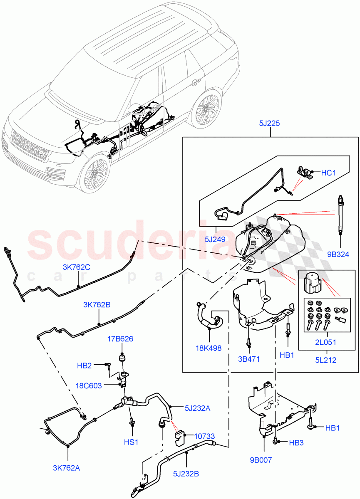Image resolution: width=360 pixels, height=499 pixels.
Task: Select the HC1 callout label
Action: click(328, 173)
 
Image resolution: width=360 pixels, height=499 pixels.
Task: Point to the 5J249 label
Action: click(216, 240)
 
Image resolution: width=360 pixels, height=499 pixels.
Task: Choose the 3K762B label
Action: click(97, 305)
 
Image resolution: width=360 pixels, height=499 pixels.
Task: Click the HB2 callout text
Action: click(84, 366)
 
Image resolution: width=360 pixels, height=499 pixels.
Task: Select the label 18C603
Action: click(89, 385)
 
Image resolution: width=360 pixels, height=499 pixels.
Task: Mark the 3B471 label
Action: click(248, 358)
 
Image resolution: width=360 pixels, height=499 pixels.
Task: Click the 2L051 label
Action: click(326, 343)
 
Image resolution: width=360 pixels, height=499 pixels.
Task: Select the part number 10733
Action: click(205, 436)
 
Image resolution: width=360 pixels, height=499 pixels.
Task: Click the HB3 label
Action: click(296, 442)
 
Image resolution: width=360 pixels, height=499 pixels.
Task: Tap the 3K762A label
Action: click(66, 468)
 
